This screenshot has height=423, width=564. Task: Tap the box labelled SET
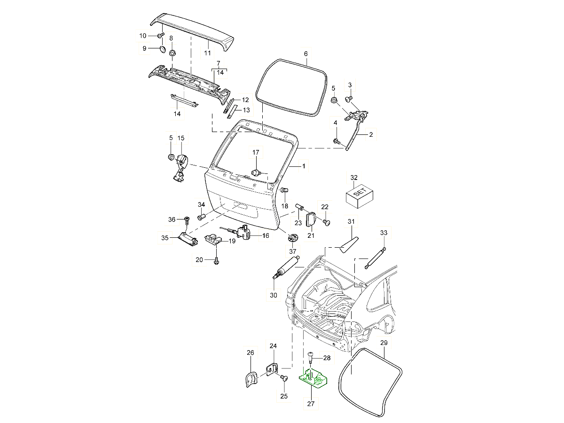(359, 195)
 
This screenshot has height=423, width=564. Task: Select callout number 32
(354, 178)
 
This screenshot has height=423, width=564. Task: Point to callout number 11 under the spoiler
(207, 53)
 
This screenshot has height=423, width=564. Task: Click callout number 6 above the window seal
(305, 54)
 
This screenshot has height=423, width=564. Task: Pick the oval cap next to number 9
(162, 48)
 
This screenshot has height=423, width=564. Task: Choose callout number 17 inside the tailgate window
(256, 152)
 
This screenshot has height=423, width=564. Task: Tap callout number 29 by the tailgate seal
(384, 343)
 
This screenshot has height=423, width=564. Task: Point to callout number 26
(250, 352)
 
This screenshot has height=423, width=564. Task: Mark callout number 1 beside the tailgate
(304, 166)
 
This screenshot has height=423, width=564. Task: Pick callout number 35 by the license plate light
(165, 238)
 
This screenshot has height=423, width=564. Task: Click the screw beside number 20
(216, 260)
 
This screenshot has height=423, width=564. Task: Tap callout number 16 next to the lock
(266, 236)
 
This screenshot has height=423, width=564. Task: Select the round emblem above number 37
(293, 237)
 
